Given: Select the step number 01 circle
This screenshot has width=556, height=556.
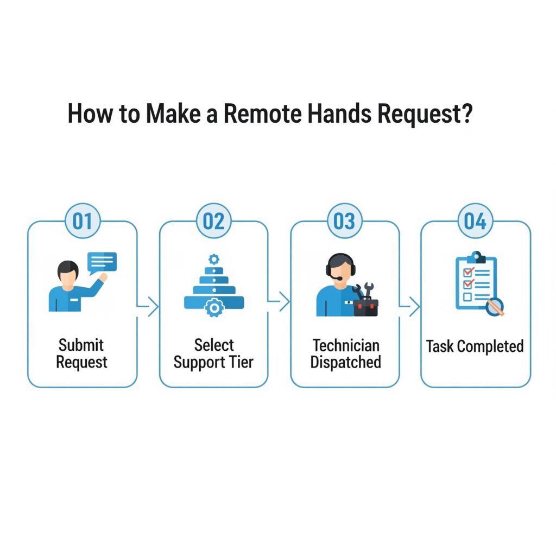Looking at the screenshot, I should click(x=83, y=222).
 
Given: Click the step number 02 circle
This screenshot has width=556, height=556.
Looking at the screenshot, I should click(x=213, y=222).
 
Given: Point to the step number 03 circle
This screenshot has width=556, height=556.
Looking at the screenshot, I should click(x=344, y=222).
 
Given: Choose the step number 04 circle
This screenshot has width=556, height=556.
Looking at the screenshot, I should click(x=475, y=222).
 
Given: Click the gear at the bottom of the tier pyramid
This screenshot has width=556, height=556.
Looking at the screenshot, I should click(x=214, y=308).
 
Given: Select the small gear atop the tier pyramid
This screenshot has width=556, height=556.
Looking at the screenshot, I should click(x=213, y=259).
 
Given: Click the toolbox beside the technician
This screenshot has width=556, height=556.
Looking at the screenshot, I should click(x=365, y=307).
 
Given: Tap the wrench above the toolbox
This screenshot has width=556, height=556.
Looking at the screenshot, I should click(x=369, y=289).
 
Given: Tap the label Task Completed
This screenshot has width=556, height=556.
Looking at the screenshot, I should click(x=475, y=346).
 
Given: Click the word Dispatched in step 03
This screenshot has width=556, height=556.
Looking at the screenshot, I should click(x=345, y=362).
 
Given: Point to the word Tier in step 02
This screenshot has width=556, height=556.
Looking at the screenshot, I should click(x=241, y=362).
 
